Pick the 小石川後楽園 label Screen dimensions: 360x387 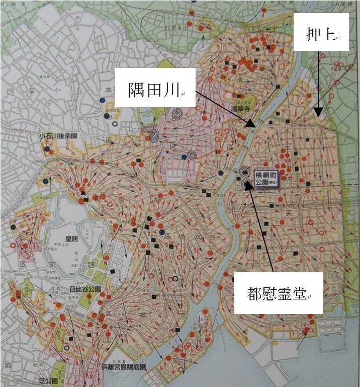[58, 136]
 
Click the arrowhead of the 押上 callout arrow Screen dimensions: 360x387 [318, 115]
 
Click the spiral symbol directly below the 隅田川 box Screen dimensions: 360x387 [176, 114]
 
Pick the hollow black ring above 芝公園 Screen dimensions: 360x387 [67, 348]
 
